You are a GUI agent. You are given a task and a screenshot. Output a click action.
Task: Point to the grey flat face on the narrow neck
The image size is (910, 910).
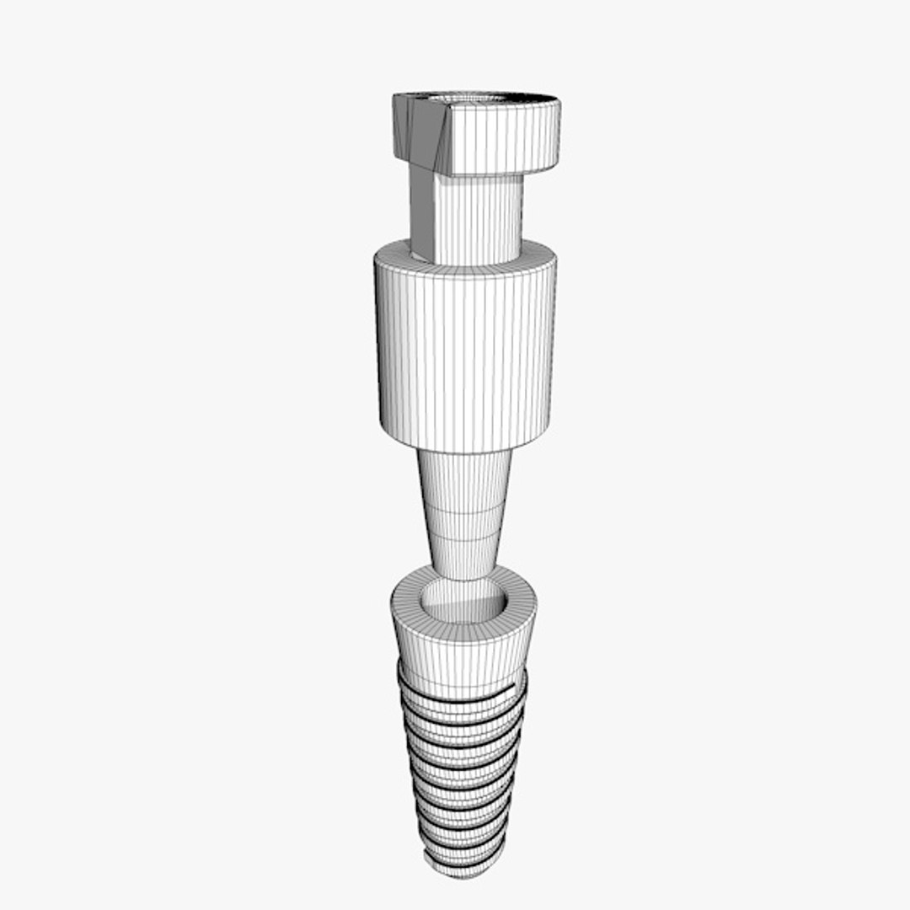coord(423,211)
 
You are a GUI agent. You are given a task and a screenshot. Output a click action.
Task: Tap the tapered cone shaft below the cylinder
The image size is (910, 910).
coord(464,506)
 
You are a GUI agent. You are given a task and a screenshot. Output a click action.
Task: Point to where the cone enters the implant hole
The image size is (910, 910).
coord(463,581)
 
